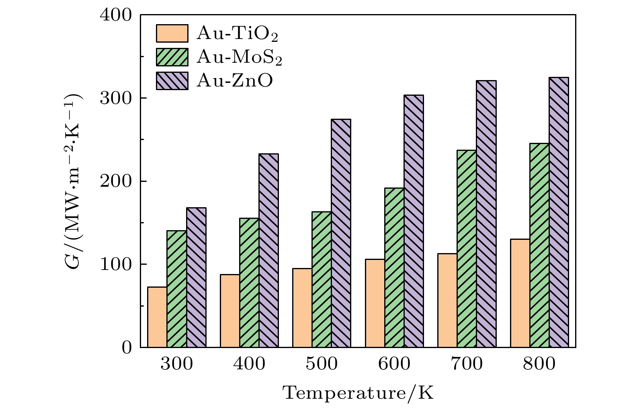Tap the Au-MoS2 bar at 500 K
point(322,279)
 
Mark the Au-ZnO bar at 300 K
point(196,277)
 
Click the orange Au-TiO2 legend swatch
point(172,33)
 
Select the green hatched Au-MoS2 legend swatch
point(172,57)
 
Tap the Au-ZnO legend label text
point(235,81)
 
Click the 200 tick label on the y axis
point(116,181)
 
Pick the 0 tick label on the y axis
point(127,348)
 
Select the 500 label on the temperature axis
point(322,365)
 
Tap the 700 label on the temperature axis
point(467,365)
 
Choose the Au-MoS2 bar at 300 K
point(177,288)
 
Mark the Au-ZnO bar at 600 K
point(414,221)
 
